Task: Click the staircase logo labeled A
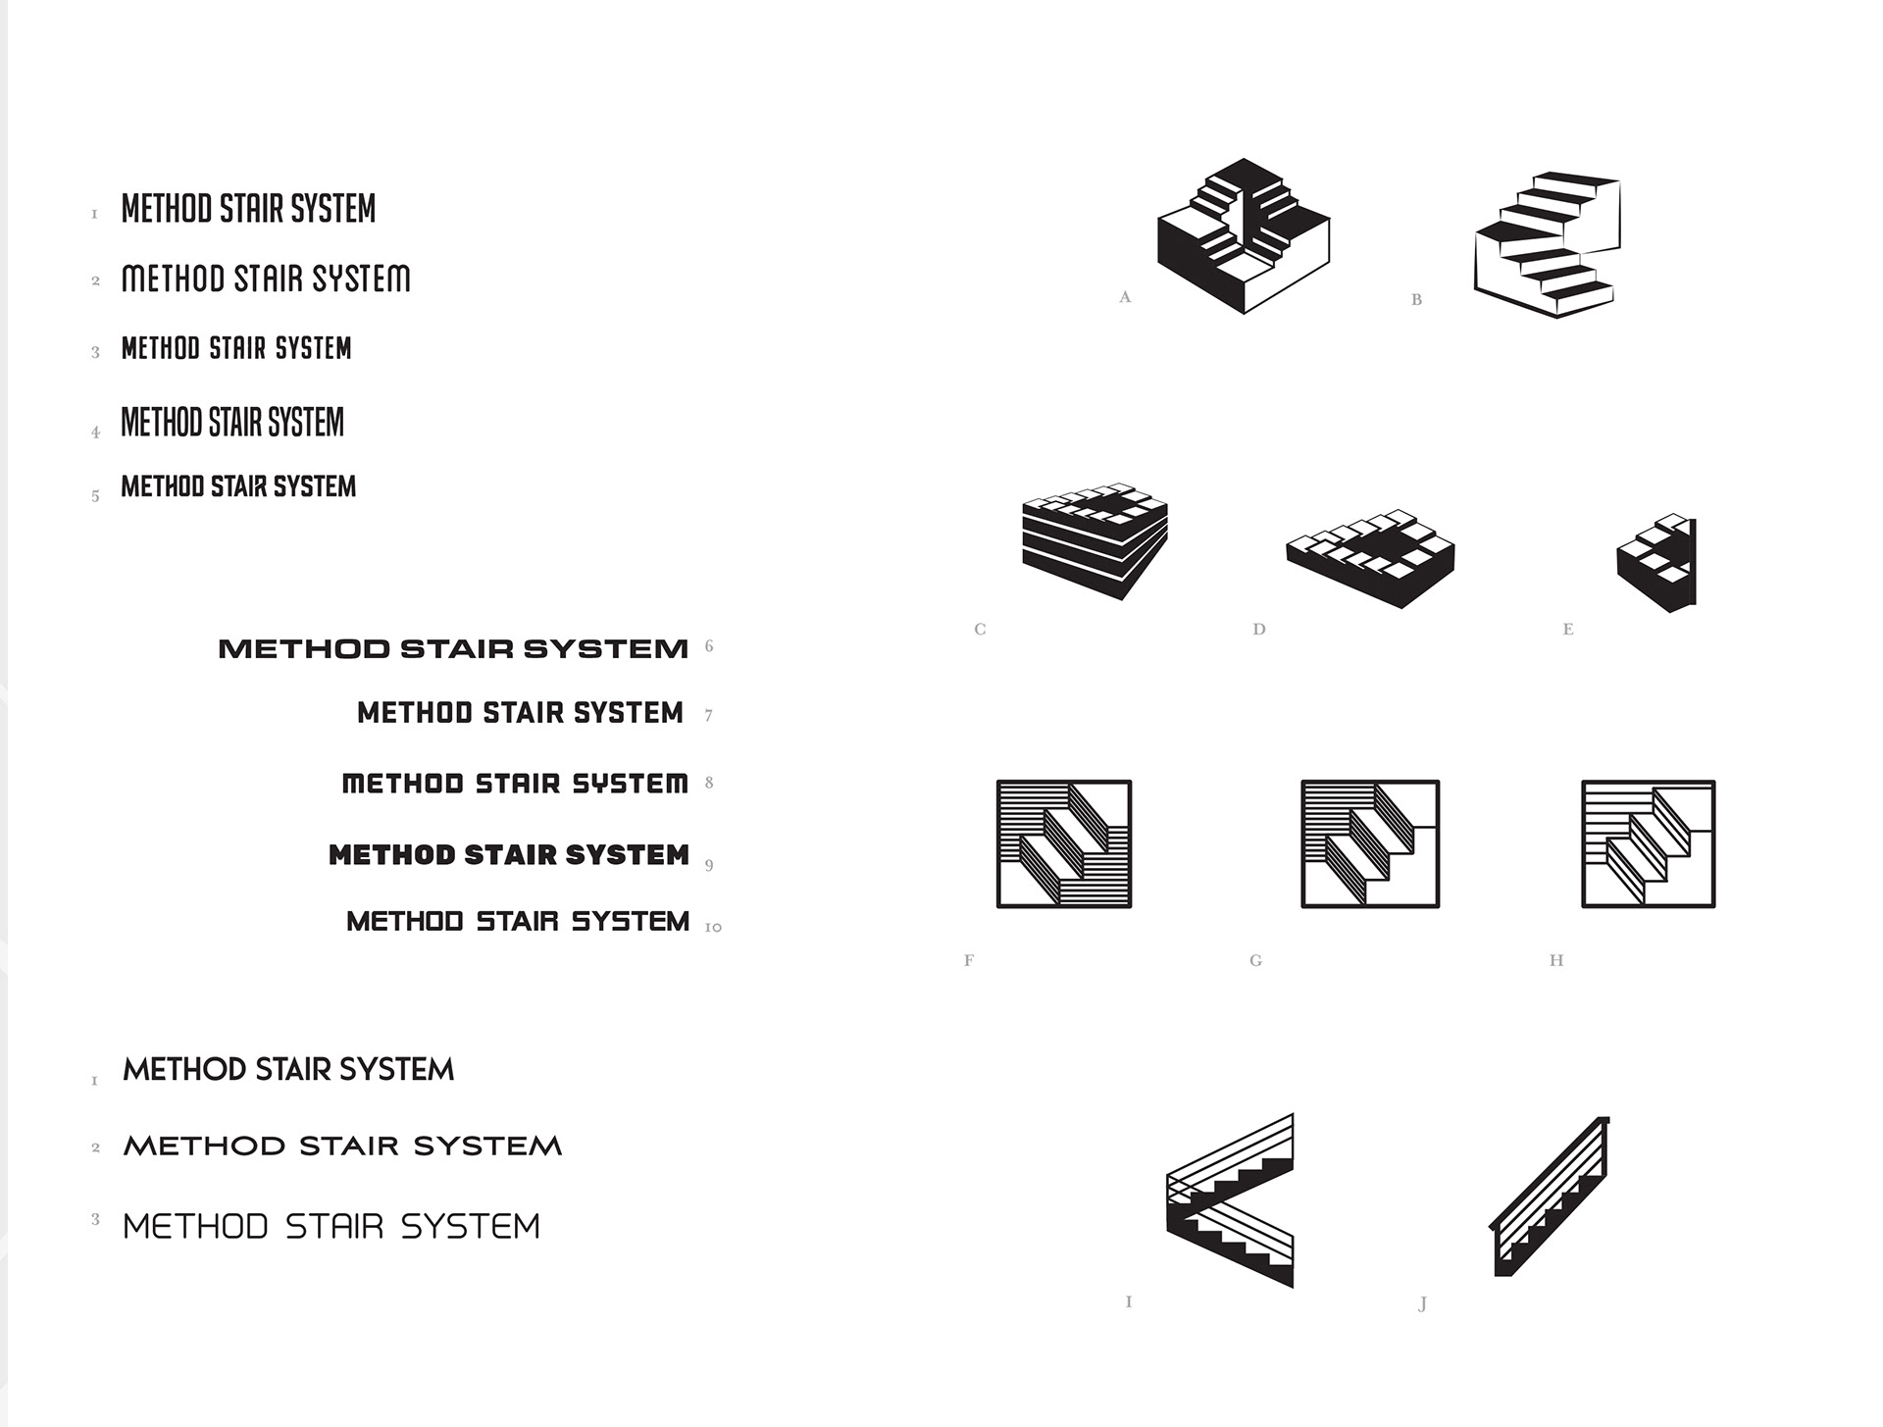1244,235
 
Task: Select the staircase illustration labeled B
1548,245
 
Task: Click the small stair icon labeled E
1656,563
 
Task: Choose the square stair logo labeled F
1064,844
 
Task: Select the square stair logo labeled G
1370,844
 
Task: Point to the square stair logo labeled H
1649,844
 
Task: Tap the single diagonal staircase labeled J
1550,1197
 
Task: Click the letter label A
1125,297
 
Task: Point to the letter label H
1556,960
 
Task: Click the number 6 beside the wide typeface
709,646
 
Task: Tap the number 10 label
713,927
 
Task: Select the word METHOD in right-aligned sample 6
304,649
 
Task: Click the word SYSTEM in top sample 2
361,280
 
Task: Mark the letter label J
1422,1302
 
